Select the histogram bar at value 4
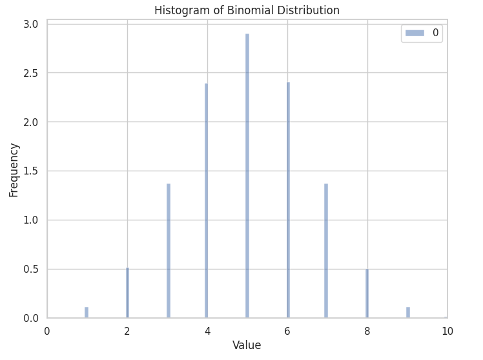207,200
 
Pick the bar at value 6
288,200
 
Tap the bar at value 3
169,251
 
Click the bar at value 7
326,251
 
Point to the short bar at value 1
87,312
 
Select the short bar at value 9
408,312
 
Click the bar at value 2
127,293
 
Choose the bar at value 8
367,293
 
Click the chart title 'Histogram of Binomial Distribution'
247,10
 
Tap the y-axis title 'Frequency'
14,170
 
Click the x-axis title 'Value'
247,345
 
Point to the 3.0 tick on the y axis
31,25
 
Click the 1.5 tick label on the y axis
31,171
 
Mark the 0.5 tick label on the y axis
31,269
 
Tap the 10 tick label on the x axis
447,331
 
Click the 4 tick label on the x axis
207,331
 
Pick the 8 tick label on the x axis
367,331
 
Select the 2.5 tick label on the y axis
31,73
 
